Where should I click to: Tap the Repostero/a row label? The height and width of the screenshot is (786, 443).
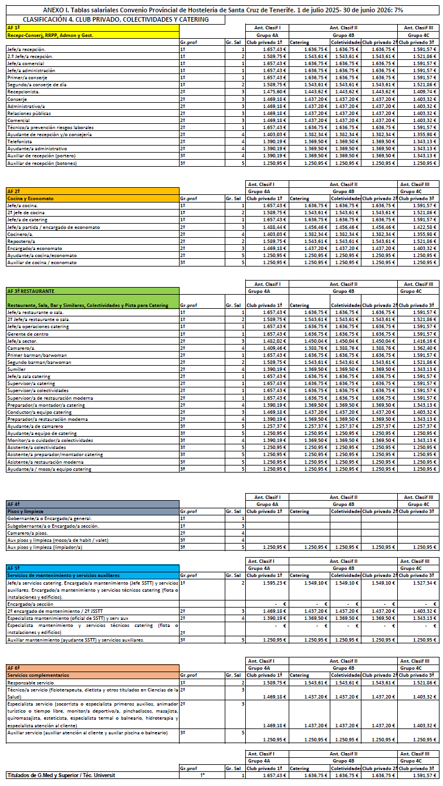point(21,241)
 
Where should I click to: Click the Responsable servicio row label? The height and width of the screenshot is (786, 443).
point(30,683)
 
